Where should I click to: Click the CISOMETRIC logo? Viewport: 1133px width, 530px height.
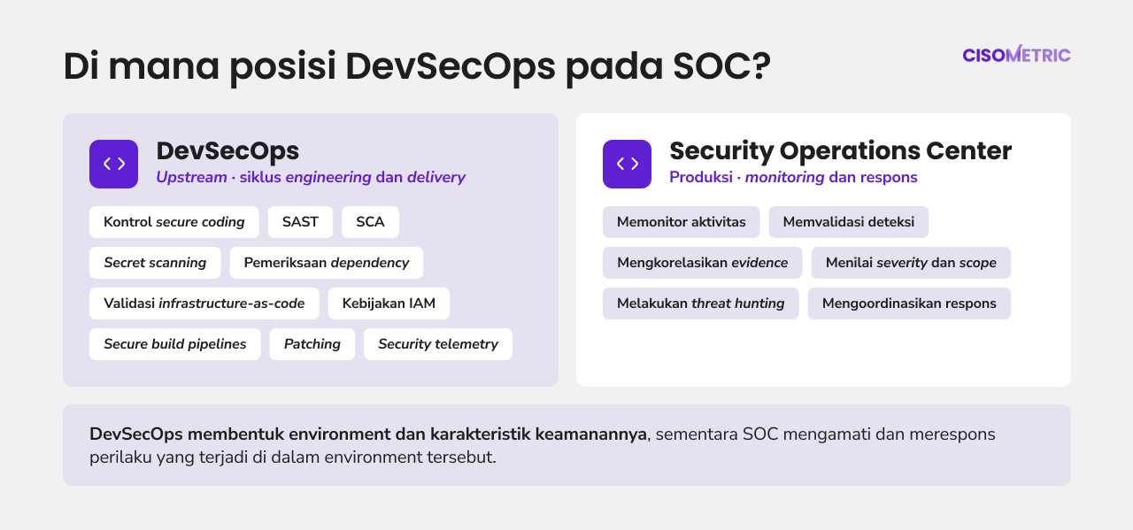pos(1016,54)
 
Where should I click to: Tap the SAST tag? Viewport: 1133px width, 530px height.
pos(300,222)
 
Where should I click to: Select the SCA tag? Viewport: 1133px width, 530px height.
pos(370,222)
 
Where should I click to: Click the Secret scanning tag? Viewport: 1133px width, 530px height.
pos(155,263)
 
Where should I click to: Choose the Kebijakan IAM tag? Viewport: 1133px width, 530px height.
pos(389,303)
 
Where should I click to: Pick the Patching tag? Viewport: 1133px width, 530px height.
pos(312,344)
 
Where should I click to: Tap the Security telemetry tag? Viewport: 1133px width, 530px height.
pos(438,344)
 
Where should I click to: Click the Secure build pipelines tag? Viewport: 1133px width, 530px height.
pos(175,344)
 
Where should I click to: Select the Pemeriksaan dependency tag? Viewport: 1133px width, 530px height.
pos(327,263)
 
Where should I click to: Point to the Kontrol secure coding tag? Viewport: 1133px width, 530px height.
pos(174,222)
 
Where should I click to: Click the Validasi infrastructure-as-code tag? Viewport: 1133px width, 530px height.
pos(204,303)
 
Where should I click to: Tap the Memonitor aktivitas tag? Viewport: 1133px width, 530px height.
pos(681,222)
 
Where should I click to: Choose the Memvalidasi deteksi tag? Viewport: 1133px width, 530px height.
pos(849,222)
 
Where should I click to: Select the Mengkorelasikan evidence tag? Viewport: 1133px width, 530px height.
pos(703,263)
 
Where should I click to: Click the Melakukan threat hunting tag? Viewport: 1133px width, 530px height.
pos(700,303)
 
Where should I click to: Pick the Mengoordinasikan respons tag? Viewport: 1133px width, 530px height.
pos(909,303)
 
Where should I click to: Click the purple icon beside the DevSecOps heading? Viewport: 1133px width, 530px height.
pos(114,164)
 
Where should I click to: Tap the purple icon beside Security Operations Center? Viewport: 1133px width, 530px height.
pos(628,164)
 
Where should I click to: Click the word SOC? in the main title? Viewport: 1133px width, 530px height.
pos(721,65)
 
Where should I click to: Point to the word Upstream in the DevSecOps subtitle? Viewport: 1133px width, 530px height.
pos(191,178)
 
